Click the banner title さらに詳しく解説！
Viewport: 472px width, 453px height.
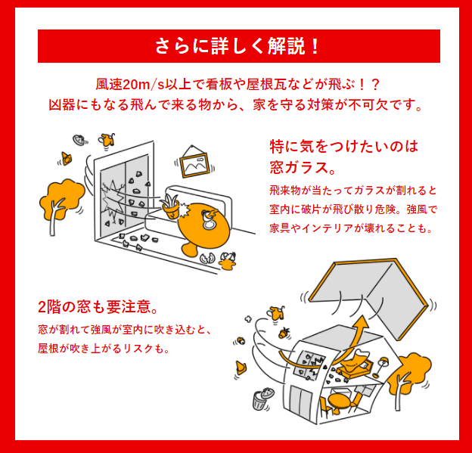click(237, 46)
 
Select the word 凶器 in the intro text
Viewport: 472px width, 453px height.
click(62, 105)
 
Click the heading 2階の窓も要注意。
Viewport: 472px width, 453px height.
click(98, 307)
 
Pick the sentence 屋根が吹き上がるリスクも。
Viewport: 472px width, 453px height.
click(104, 348)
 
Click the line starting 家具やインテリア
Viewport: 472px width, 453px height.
click(351, 228)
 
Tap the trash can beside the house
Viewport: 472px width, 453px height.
click(262, 399)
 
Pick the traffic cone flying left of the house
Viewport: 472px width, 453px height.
click(241, 368)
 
